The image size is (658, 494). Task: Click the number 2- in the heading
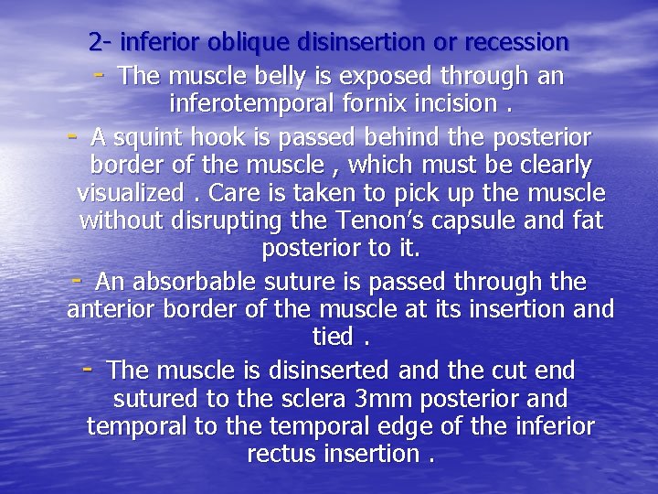(101, 42)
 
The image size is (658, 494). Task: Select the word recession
(516, 42)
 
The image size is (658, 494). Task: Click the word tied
(333, 338)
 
